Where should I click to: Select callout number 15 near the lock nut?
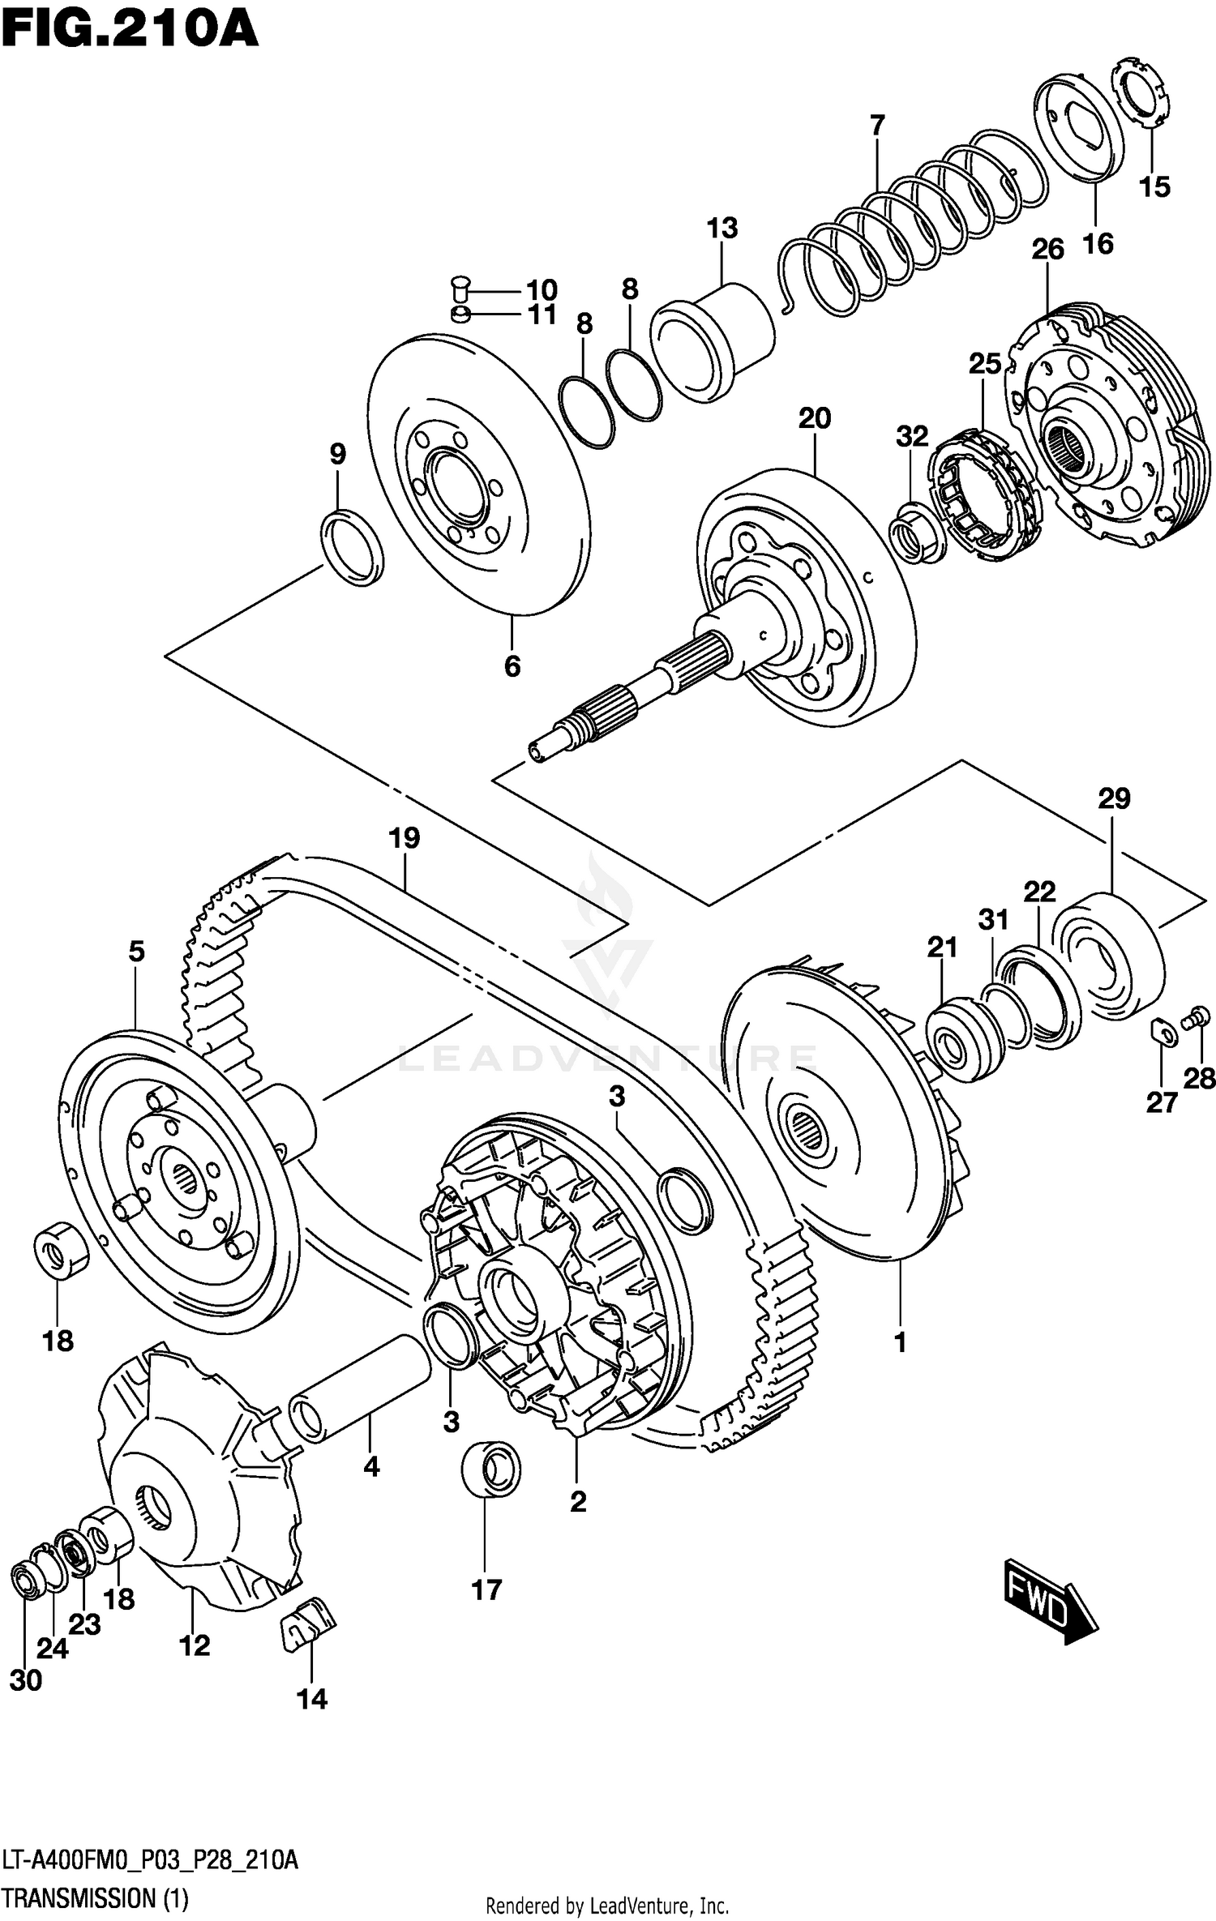pyautogui.click(x=1154, y=187)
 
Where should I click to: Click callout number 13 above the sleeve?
pyautogui.click(x=721, y=228)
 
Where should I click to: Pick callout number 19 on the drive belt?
pyautogui.click(x=404, y=837)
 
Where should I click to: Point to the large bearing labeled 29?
pyautogui.click(x=1111, y=956)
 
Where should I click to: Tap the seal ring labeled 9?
pyautogui.click(x=353, y=547)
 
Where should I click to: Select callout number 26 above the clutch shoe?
pyautogui.click(x=1047, y=250)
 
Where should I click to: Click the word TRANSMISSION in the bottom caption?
pyautogui.click(x=77, y=1898)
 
